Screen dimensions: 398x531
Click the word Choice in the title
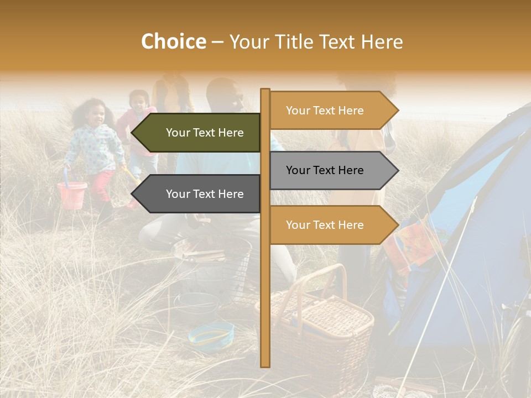173,42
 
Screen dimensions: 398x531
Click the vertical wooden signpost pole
265,287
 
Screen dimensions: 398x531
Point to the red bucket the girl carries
72,195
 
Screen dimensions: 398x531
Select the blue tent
470,232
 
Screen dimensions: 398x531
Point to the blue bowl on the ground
211,334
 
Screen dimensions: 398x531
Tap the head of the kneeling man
227,97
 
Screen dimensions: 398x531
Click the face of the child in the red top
139,101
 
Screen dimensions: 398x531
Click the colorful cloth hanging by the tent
409,243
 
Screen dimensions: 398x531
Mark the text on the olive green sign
205,133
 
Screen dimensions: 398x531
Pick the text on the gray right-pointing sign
325,170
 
